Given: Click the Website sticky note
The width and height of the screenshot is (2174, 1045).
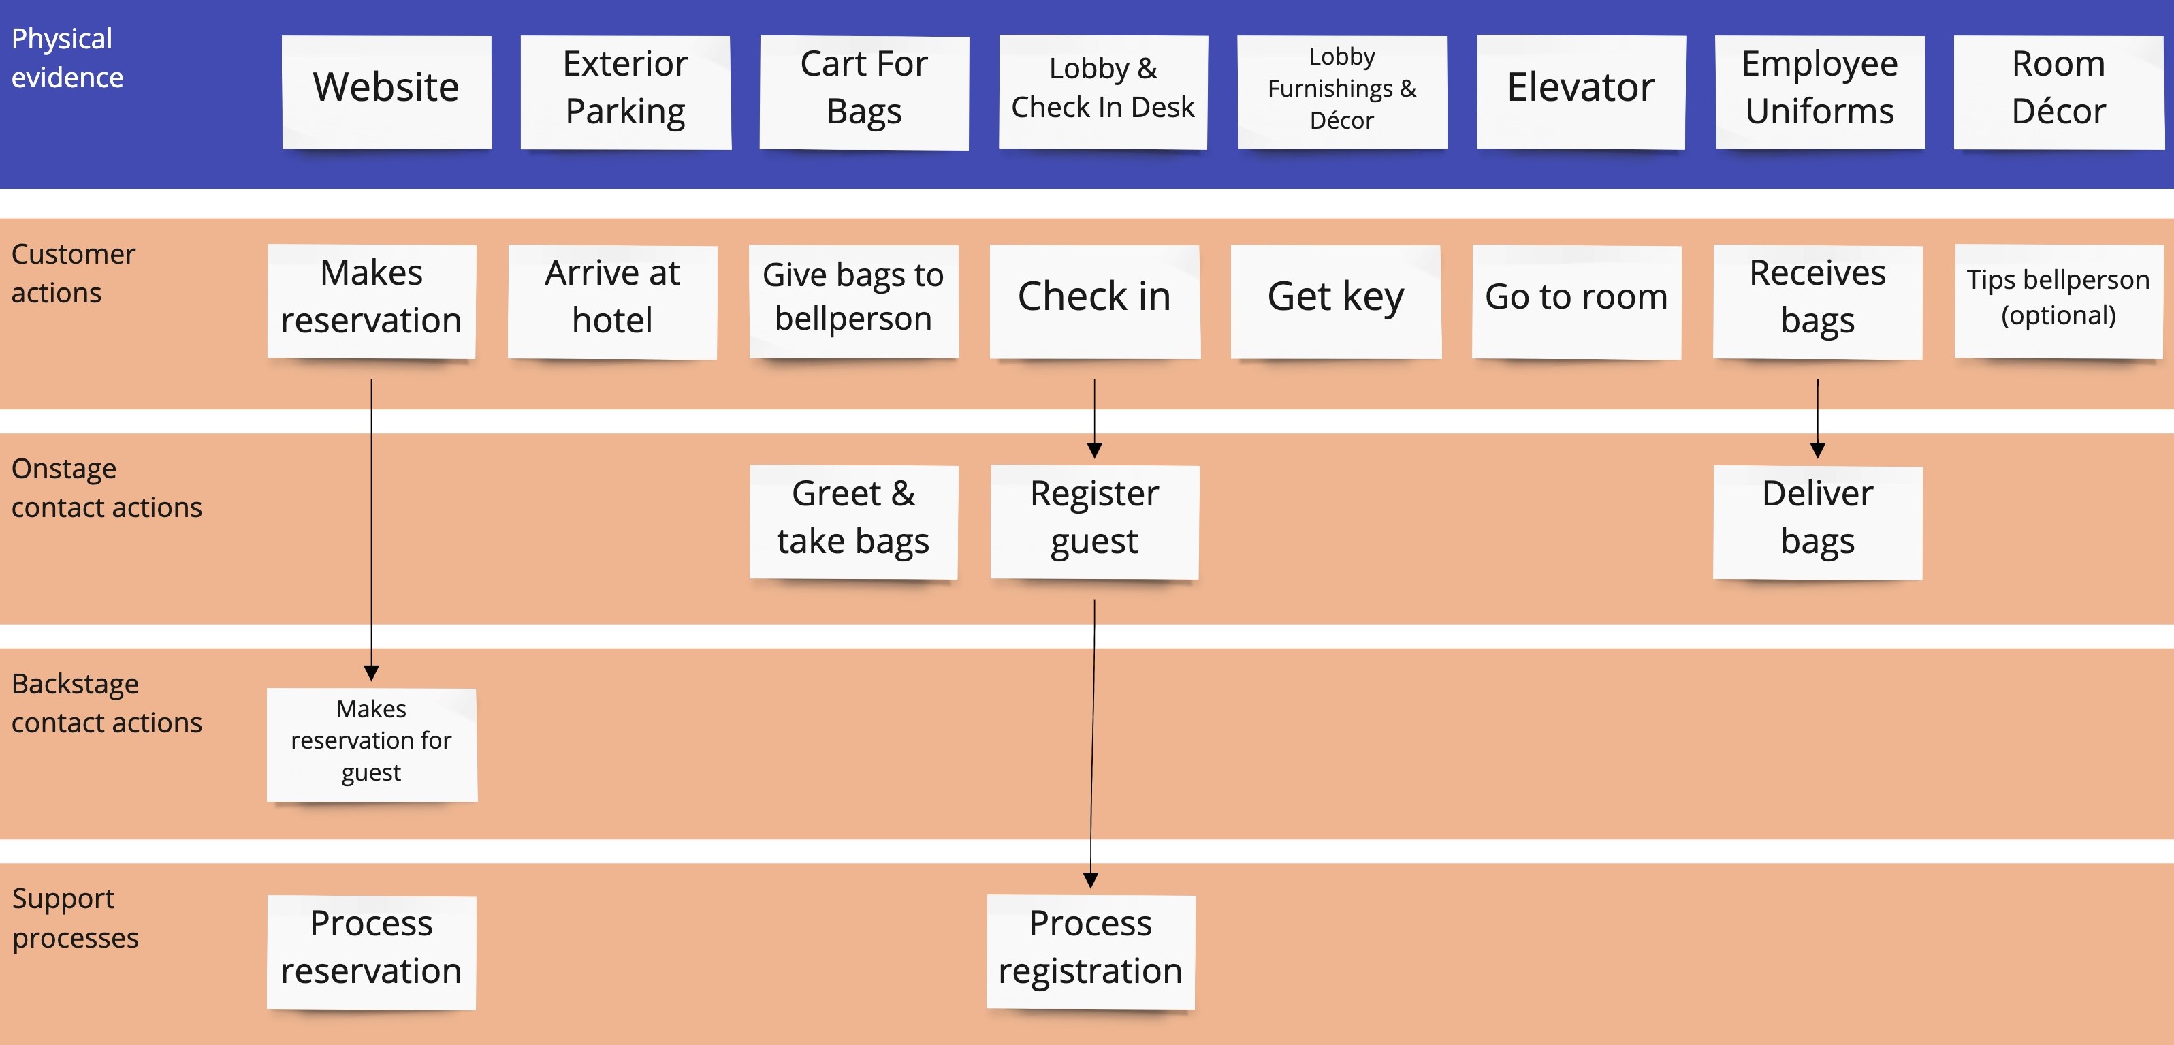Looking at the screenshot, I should pos(387,91).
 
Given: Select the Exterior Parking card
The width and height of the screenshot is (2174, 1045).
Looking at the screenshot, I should pos(625,91).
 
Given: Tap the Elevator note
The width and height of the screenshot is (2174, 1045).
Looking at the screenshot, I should pos(1581,91).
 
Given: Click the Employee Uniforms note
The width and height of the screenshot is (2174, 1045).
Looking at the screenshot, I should pos(1819,91).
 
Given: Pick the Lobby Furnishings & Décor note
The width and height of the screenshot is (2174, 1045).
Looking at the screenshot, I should pos(1342,91).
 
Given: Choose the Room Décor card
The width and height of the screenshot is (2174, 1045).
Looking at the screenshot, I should pos(2058,91).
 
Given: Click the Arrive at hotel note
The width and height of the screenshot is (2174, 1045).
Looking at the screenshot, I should pos(612,300).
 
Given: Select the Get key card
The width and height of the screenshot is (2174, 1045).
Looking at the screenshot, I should pos(1335,300).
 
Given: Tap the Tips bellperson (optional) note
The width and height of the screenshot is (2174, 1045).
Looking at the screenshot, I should pos(2058,300).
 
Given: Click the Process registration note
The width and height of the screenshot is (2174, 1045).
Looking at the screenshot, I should pos(1090,950).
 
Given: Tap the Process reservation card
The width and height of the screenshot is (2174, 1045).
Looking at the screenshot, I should pos(371,950).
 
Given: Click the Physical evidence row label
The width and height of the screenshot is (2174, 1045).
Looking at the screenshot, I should pos(67,58).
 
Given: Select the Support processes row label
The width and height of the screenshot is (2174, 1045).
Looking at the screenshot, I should pos(75,918).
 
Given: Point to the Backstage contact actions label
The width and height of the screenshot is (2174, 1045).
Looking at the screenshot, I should pos(106,703).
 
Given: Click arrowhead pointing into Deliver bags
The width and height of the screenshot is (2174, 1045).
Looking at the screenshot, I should pos(1817,451).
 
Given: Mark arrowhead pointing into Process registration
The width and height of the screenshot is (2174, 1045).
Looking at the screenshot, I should pos(1090,880).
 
